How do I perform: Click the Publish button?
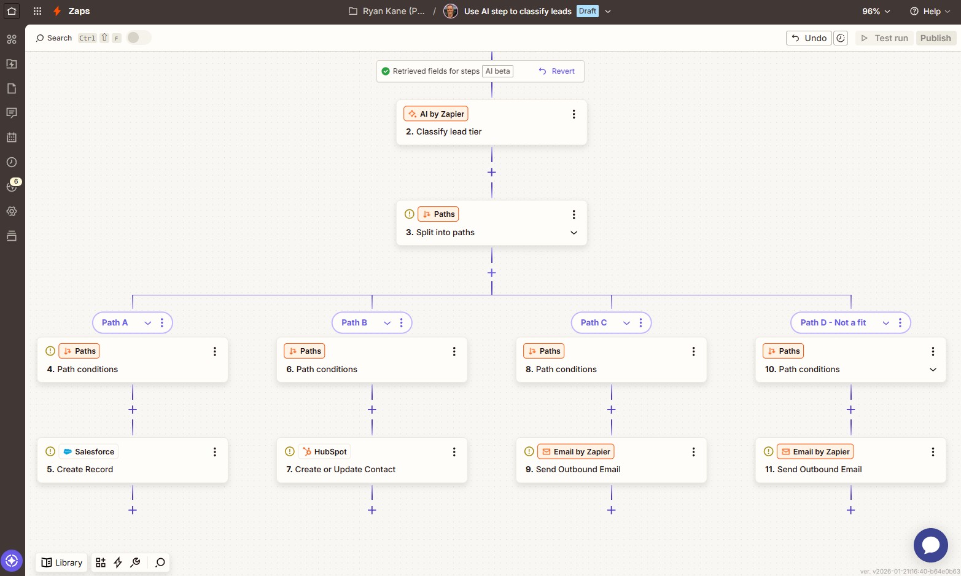coord(935,38)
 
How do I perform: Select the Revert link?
coord(557,71)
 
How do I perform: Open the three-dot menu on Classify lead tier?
coord(574,114)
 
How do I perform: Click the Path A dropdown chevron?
coord(148,323)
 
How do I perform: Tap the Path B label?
coord(354,323)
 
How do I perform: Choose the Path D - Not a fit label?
coord(833,323)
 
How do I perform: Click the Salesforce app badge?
coord(89,452)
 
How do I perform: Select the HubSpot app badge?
coord(325,452)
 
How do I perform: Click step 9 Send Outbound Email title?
coord(578,470)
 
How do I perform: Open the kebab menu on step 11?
coord(933,452)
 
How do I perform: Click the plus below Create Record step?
coord(133,510)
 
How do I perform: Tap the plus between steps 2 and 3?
coord(492,173)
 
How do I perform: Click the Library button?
coord(62,562)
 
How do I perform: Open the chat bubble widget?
coord(930,545)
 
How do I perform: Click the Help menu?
coord(930,12)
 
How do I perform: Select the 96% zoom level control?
coord(876,12)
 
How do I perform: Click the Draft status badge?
coord(588,11)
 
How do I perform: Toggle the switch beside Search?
coord(139,38)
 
